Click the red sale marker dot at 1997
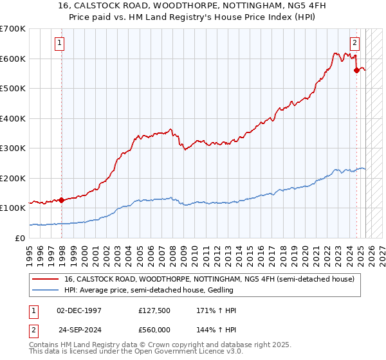(62, 200)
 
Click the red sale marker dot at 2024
(356, 71)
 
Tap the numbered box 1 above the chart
(59, 43)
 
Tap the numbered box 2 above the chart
(354, 43)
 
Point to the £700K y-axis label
(13, 29)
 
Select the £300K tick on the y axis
(13, 148)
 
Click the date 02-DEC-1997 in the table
(79, 310)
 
